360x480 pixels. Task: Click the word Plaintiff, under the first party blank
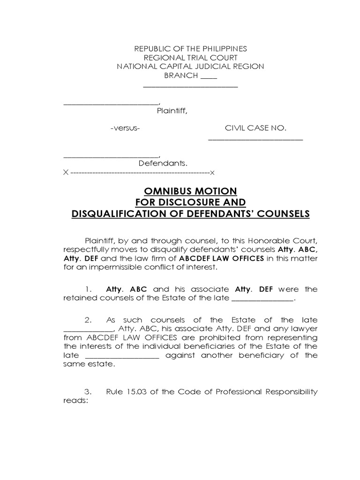point(172,111)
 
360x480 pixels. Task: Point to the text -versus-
point(125,128)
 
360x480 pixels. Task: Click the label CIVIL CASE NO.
point(255,128)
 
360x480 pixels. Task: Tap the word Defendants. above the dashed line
point(163,164)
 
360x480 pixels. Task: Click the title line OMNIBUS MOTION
point(190,191)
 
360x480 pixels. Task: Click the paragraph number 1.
point(88,289)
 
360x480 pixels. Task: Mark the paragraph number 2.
point(88,320)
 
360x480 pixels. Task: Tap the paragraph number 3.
point(88,392)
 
